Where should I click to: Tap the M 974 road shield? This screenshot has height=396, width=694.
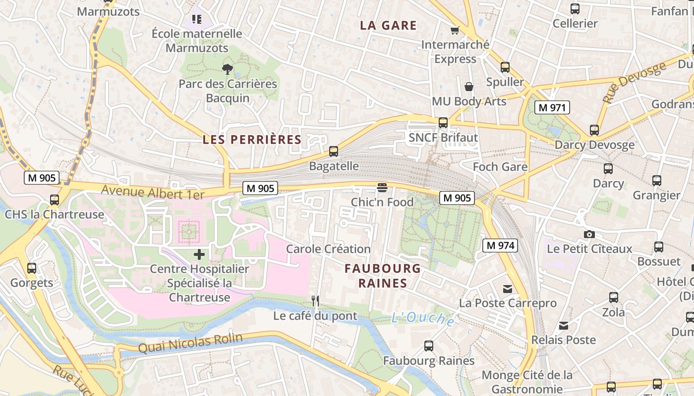pyautogui.click(x=500, y=245)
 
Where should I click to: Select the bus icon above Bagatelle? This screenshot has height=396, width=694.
pyautogui.click(x=334, y=151)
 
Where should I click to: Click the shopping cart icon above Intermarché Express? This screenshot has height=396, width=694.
pyautogui.click(x=455, y=31)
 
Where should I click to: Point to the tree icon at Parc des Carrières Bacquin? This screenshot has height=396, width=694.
pyautogui.click(x=228, y=69)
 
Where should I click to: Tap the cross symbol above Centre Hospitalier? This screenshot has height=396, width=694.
pyautogui.click(x=199, y=254)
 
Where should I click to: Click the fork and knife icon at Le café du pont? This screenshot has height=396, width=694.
pyautogui.click(x=315, y=300)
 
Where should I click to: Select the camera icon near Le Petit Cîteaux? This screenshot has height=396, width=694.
pyautogui.click(x=589, y=234)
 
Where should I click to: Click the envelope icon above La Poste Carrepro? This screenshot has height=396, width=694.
pyautogui.click(x=508, y=289)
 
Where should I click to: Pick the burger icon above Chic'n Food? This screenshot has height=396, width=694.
pyautogui.click(x=382, y=188)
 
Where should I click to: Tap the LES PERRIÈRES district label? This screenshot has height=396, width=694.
pyautogui.click(x=252, y=140)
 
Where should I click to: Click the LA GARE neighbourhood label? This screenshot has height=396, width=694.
pyautogui.click(x=388, y=26)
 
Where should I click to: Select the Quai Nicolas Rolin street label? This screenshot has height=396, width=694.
pyautogui.click(x=190, y=343)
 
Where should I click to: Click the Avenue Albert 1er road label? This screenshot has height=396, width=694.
pyautogui.click(x=152, y=192)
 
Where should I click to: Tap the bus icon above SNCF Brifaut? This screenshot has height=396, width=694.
pyautogui.click(x=443, y=123)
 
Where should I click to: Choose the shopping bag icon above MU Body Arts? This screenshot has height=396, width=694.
pyautogui.click(x=468, y=87)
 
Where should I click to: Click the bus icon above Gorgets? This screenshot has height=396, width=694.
pyautogui.click(x=32, y=268)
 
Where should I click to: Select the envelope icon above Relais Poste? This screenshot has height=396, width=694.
pyautogui.click(x=564, y=326)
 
